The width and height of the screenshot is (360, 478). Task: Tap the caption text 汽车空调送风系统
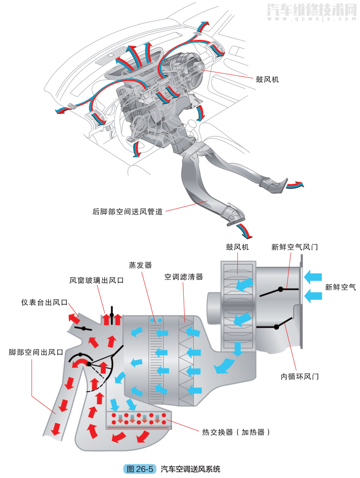(190, 469)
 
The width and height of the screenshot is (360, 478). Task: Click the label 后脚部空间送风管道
(127, 212)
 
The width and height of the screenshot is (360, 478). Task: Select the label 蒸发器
(140, 265)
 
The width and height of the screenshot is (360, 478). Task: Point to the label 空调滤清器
(184, 277)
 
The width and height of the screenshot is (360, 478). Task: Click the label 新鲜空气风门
(294, 247)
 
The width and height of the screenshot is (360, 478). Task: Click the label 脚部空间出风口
(36, 352)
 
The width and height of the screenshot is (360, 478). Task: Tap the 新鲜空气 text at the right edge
(340, 287)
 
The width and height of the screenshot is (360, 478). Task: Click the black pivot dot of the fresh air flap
(281, 289)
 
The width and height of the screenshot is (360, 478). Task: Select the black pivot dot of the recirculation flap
(276, 327)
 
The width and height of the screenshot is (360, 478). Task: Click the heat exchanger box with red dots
(139, 421)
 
